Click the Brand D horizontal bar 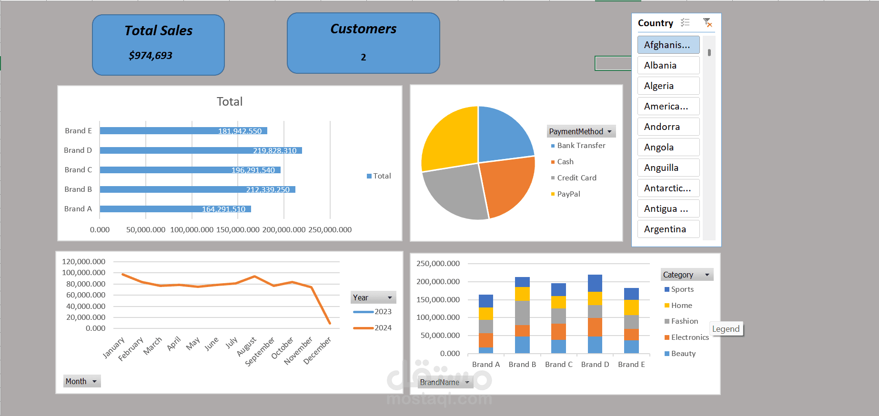click(201, 150)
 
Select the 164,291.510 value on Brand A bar click(223, 209)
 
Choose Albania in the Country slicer click(668, 65)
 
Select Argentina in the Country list click(668, 229)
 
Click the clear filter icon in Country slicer click(707, 22)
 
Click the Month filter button click(82, 381)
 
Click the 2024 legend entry click(373, 328)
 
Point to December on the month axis click(317, 350)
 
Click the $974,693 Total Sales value click(151, 56)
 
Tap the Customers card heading click(364, 29)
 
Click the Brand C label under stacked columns click(559, 365)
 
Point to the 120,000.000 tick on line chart click(83, 262)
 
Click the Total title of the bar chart click(230, 101)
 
